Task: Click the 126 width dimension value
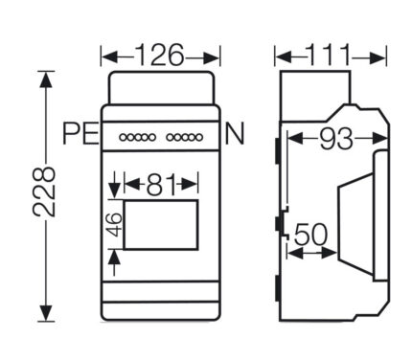[x=160, y=55]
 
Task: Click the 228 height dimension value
[x=44, y=191]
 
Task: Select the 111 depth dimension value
[x=329, y=55]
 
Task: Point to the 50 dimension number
[x=310, y=235]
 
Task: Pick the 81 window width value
[x=161, y=185]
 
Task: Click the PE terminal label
[x=80, y=134]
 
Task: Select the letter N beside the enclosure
[x=235, y=134]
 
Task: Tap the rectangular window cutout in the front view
[x=161, y=225]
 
